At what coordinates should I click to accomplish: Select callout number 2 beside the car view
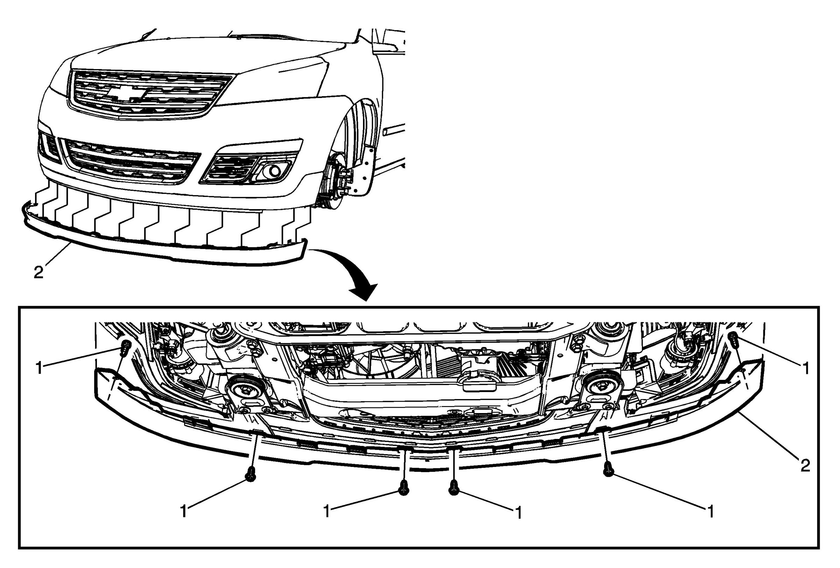point(38,272)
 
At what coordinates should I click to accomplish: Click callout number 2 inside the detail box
point(805,466)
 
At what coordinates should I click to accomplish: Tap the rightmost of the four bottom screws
point(609,469)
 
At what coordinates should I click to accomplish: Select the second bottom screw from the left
point(403,488)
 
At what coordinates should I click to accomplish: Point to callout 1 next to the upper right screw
point(805,368)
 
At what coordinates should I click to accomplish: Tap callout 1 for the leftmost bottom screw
point(184,512)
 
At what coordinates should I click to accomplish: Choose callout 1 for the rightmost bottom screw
point(710,512)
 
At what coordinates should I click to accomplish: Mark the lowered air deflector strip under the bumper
point(163,249)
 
